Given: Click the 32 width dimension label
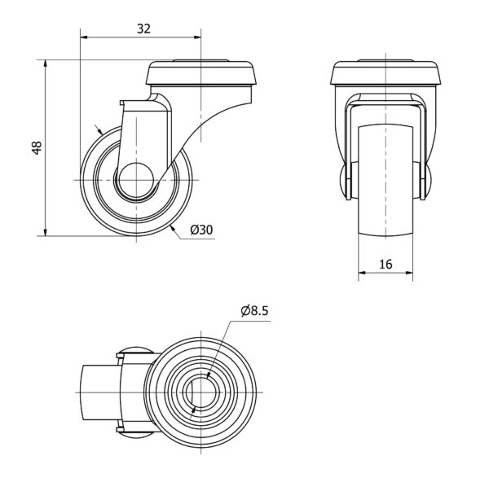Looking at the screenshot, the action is [x=144, y=28].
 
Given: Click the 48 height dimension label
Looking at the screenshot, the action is [x=37, y=148].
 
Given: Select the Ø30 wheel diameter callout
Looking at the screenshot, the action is [x=201, y=230].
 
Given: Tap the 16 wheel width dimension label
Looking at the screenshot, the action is [x=385, y=265].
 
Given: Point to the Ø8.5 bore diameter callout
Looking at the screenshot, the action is [x=254, y=311].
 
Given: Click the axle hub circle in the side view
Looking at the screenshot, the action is [x=136, y=181].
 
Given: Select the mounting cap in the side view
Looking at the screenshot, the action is [x=201, y=72].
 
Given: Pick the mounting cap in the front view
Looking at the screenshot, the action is [x=385, y=72].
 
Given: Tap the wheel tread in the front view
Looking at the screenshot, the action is [x=385, y=181].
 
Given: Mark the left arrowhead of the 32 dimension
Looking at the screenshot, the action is [x=84, y=37].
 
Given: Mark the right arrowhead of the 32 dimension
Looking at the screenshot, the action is [x=197, y=37].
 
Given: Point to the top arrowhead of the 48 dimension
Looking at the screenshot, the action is [x=46, y=64].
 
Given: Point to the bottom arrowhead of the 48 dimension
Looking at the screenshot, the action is [x=46, y=233].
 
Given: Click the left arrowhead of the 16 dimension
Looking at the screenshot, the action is [x=362, y=273].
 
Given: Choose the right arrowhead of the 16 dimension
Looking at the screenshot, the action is [x=409, y=273].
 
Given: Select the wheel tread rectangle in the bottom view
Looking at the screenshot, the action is [x=102, y=392].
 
